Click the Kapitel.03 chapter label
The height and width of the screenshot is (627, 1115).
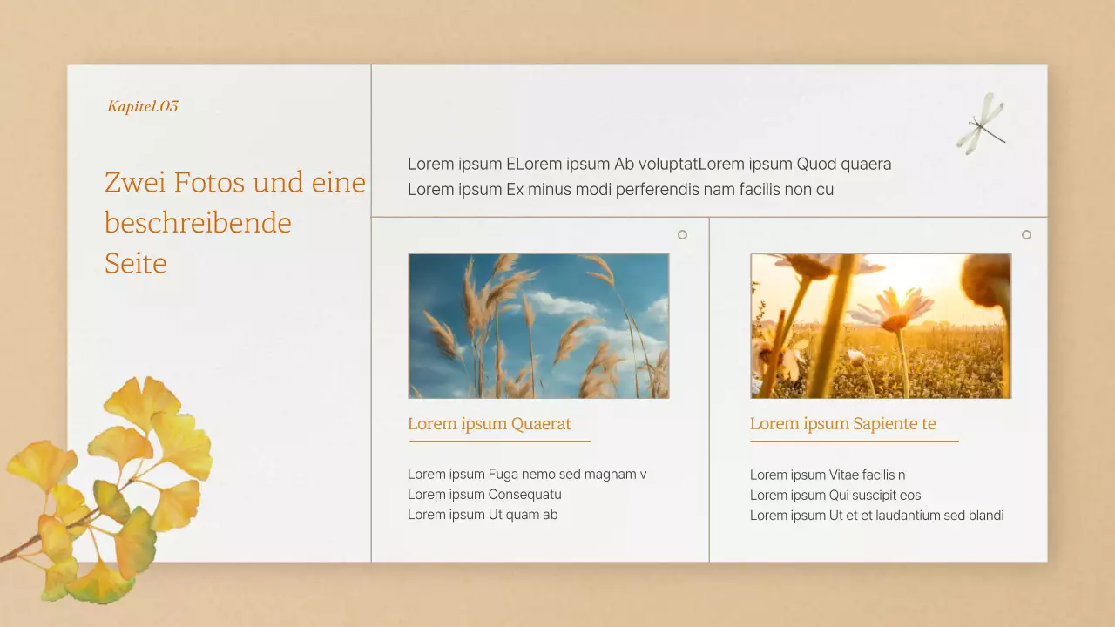143,106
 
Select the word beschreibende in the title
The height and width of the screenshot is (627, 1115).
198,223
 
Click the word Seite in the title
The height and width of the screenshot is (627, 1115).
135,263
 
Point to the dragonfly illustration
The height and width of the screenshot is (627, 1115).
982,124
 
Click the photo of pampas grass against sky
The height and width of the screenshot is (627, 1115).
538,326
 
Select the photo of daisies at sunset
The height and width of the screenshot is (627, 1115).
881,326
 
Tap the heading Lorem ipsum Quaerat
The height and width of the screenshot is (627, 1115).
490,424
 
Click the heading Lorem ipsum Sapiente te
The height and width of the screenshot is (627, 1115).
842,424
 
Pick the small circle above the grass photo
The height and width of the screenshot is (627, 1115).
682,234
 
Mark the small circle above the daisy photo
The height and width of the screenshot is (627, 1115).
1026,234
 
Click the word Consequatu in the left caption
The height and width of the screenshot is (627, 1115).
524,495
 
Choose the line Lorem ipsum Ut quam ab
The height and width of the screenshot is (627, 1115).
483,515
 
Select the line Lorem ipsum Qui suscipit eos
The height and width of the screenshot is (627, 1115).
835,496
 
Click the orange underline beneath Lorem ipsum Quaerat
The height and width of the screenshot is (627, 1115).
499,442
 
